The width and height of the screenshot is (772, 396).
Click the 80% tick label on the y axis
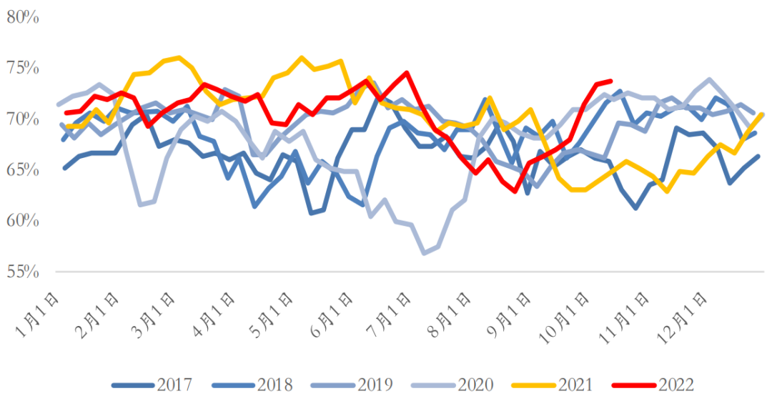tap(22, 16)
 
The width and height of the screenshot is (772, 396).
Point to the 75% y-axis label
tap(22, 68)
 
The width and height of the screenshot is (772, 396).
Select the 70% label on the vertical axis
tap(22, 119)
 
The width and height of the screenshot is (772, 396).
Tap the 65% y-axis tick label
tap(22, 169)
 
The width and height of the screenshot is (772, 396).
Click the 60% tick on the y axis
tap(22, 221)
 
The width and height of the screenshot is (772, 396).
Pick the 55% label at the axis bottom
tap(22, 272)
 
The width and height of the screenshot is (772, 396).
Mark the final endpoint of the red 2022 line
tap(610, 81)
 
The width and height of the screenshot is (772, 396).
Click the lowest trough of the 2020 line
tap(425, 253)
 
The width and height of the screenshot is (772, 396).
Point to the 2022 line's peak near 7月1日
tap(406, 72)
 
